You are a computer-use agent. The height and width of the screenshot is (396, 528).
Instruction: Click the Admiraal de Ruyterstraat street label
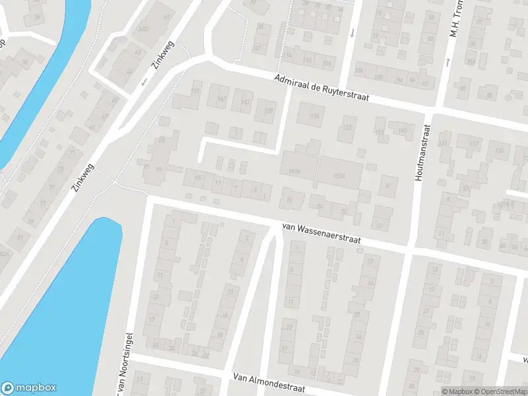321,87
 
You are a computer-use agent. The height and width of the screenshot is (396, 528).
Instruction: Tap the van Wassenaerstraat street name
321,234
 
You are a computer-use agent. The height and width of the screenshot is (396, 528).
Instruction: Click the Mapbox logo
29,388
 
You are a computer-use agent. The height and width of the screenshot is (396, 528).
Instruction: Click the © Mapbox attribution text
455,391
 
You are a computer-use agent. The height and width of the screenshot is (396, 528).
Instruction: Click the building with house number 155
314,117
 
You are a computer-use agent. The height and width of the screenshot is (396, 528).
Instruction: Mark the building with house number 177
195,91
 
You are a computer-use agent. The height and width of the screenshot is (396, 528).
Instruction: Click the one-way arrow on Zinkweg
144,82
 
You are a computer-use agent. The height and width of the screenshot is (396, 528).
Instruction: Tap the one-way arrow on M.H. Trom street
447,61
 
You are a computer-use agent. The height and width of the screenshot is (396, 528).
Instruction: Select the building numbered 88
490,96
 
